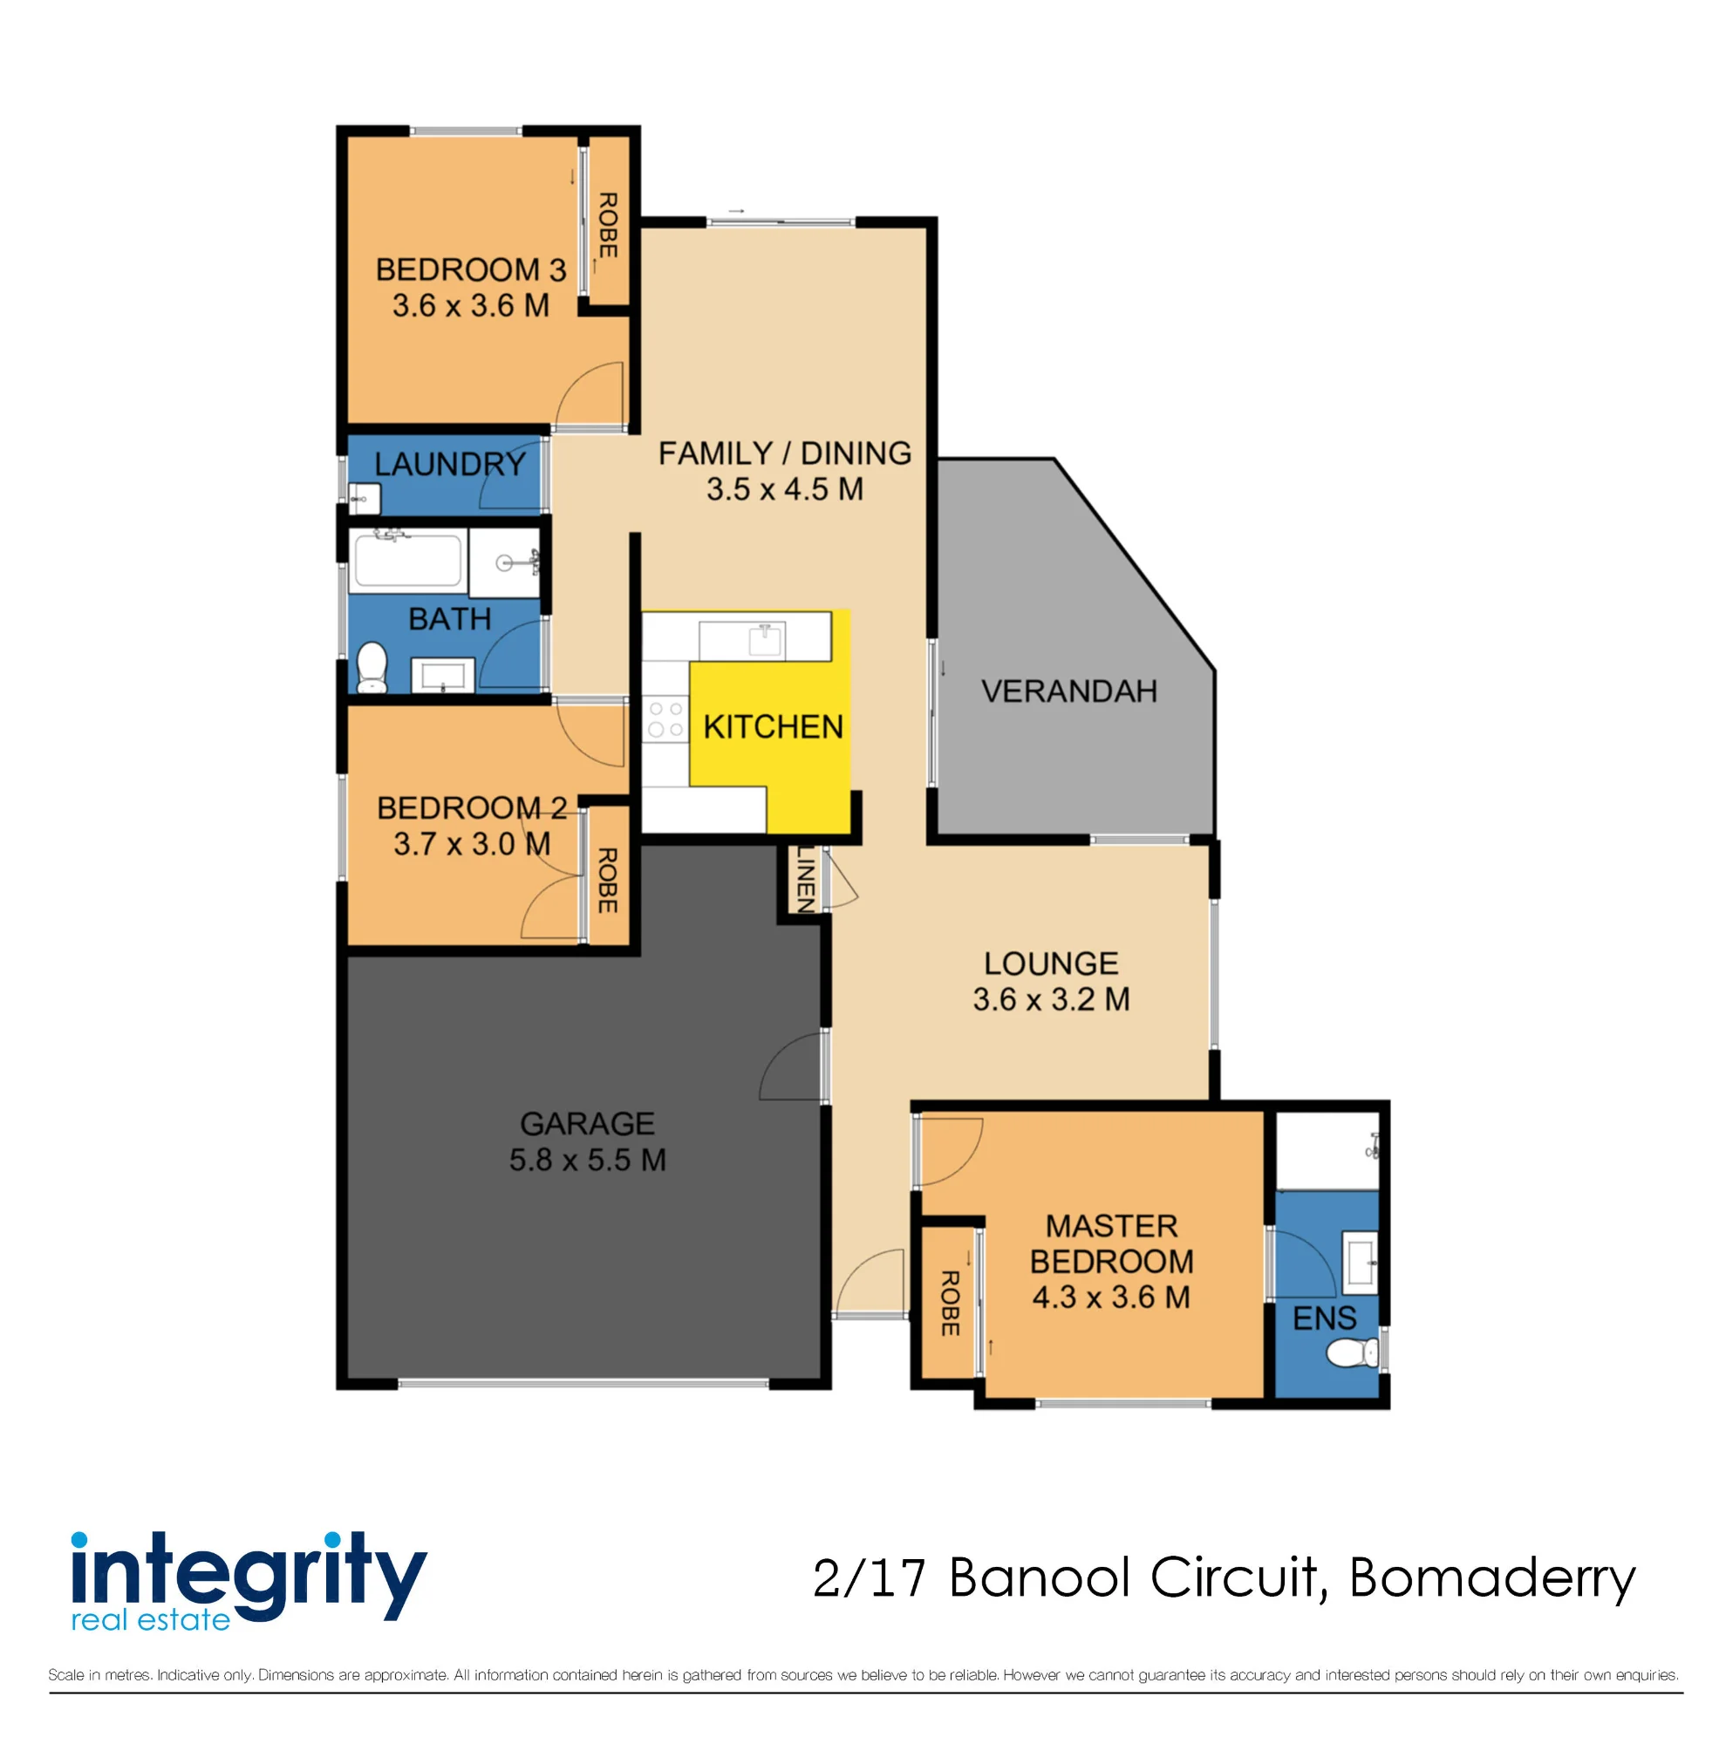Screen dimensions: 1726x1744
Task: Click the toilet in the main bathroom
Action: click(x=372, y=665)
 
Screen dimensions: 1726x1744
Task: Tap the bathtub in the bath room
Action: click(x=408, y=561)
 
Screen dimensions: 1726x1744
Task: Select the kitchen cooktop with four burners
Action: click(x=665, y=719)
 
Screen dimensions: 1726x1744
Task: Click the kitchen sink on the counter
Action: click(x=765, y=640)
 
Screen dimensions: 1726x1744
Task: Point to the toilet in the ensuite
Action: click(x=1352, y=1352)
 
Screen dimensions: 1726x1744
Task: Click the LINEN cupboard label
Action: click(x=805, y=878)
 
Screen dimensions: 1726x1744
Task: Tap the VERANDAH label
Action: click(x=1068, y=691)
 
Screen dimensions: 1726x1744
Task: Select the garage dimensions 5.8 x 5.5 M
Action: click(x=588, y=1160)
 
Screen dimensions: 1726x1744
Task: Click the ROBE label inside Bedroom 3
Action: click(x=608, y=225)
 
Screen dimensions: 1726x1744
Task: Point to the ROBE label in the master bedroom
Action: click(x=949, y=1303)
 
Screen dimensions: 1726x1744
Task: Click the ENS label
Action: click(x=1324, y=1318)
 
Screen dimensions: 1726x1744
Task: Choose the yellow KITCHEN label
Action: click(x=773, y=726)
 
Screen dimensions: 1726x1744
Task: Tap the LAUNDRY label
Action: click(x=449, y=464)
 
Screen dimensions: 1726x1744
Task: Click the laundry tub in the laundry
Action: click(x=365, y=498)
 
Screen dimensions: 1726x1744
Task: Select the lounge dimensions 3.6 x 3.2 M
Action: click(x=1051, y=999)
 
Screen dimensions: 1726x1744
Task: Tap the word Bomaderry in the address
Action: click(x=1491, y=1579)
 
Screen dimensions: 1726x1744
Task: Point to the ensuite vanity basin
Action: click(x=1361, y=1262)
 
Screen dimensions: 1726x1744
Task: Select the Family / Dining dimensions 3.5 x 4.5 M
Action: click(x=784, y=489)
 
